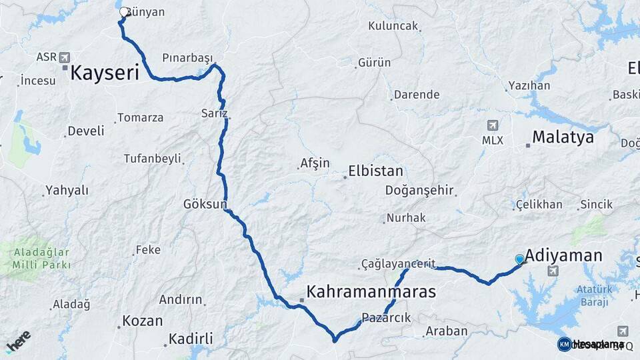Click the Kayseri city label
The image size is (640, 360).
(x=104, y=73)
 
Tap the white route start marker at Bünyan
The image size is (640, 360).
(x=124, y=11)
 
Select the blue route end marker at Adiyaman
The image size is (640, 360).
(x=520, y=259)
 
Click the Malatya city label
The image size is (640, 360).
(x=563, y=138)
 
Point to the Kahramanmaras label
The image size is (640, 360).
(x=371, y=292)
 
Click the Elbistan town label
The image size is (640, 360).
(x=375, y=171)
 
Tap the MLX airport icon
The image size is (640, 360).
(x=493, y=125)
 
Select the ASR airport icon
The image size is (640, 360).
(x=64, y=57)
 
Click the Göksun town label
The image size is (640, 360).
(x=205, y=204)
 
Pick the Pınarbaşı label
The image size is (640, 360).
(x=187, y=57)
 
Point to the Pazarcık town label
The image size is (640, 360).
(x=386, y=317)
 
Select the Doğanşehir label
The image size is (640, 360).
(x=419, y=191)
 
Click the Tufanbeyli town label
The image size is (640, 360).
(x=152, y=159)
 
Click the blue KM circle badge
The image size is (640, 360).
(x=564, y=344)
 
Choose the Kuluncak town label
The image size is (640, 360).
(x=393, y=26)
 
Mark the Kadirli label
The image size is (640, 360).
(x=191, y=339)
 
